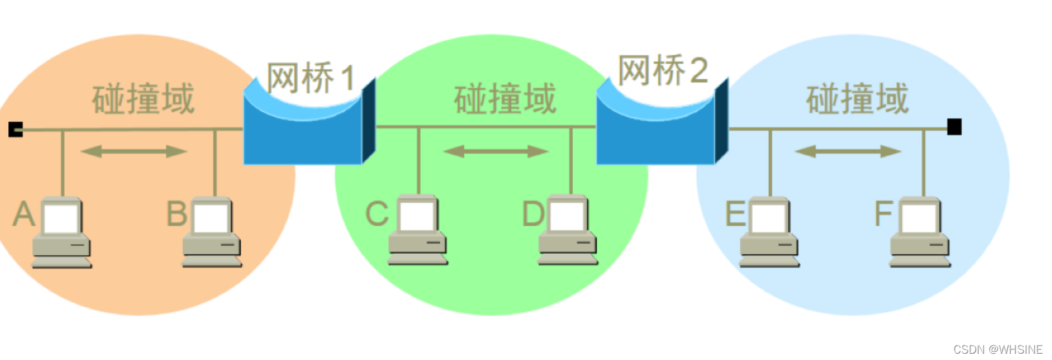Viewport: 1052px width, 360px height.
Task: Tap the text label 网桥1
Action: click(x=311, y=79)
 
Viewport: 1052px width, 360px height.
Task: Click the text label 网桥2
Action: click(x=663, y=70)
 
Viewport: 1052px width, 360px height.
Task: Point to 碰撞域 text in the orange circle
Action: click(x=143, y=99)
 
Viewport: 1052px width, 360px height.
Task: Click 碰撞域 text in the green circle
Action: click(x=505, y=99)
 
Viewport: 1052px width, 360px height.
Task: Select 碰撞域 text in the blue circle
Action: click(x=857, y=99)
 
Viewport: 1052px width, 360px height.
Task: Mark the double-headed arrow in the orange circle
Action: click(x=134, y=151)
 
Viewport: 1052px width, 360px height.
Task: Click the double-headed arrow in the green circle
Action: click(x=496, y=151)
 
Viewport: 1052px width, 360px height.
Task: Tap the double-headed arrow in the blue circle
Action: click(x=847, y=151)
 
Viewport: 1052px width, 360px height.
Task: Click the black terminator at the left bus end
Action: click(x=16, y=129)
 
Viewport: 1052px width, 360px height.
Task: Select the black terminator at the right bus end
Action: click(x=954, y=127)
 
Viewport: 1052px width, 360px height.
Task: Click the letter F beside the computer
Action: click(x=883, y=214)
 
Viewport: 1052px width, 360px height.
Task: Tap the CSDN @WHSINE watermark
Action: click(x=997, y=349)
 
